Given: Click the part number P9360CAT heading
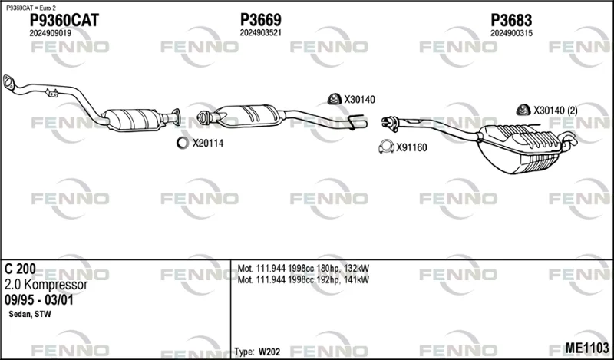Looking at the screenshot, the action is coord(64,20).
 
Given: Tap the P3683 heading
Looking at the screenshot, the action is coord(511,20).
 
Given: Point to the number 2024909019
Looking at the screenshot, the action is coord(50,34).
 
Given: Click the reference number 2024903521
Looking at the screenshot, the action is coord(260,33).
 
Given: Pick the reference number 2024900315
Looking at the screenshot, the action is coord(511,33).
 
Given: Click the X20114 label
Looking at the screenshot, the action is coord(207,144).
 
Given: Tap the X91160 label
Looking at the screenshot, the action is coord(411,147).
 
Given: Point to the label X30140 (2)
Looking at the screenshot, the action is coord(555,111).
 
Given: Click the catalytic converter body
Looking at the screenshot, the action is coord(134,119).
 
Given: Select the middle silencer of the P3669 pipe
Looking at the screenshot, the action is coord(249,115).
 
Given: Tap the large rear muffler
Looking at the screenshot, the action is coord(519,149).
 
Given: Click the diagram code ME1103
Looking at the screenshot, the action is coord(587,348).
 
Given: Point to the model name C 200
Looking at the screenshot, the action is coord(20,269).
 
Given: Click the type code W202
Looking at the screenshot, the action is coord(269,352).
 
